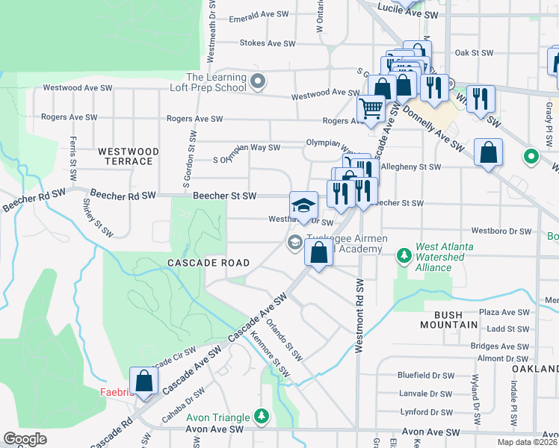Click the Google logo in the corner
tap(25, 439)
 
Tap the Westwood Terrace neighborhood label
tap(129, 156)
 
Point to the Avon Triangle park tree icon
tap(261, 414)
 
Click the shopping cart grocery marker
tap(371, 109)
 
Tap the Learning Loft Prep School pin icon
tap(258, 81)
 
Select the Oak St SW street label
tap(475, 53)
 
